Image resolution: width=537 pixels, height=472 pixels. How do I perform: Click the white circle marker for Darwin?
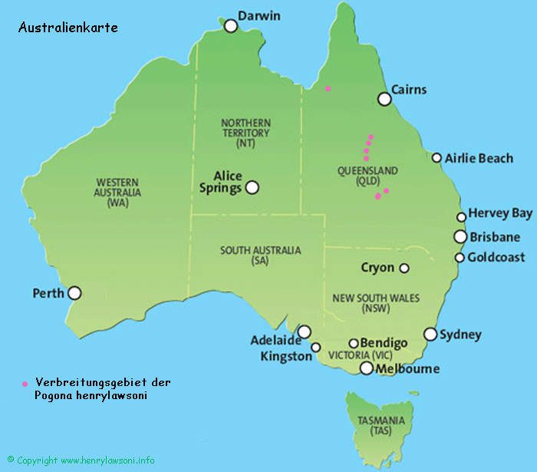click(x=231, y=26)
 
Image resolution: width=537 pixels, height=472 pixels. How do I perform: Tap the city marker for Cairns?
click(x=384, y=99)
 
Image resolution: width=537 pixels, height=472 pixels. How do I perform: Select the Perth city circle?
click(x=74, y=292)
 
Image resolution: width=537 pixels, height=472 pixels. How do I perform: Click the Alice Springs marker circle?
click(x=252, y=187)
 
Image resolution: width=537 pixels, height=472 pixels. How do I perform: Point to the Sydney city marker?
click(x=430, y=334)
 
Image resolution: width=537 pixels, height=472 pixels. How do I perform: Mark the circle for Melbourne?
click(x=367, y=368)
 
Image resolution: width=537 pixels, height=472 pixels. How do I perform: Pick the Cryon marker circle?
click(x=404, y=268)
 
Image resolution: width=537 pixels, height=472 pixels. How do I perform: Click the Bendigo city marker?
click(x=354, y=344)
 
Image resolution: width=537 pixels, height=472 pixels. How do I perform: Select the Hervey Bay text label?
click(x=500, y=213)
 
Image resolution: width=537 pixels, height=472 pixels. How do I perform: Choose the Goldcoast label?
click(x=496, y=257)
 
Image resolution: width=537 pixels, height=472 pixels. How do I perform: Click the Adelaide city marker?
click(x=305, y=332)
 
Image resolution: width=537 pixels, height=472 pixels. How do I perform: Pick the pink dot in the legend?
click(x=25, y=382)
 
